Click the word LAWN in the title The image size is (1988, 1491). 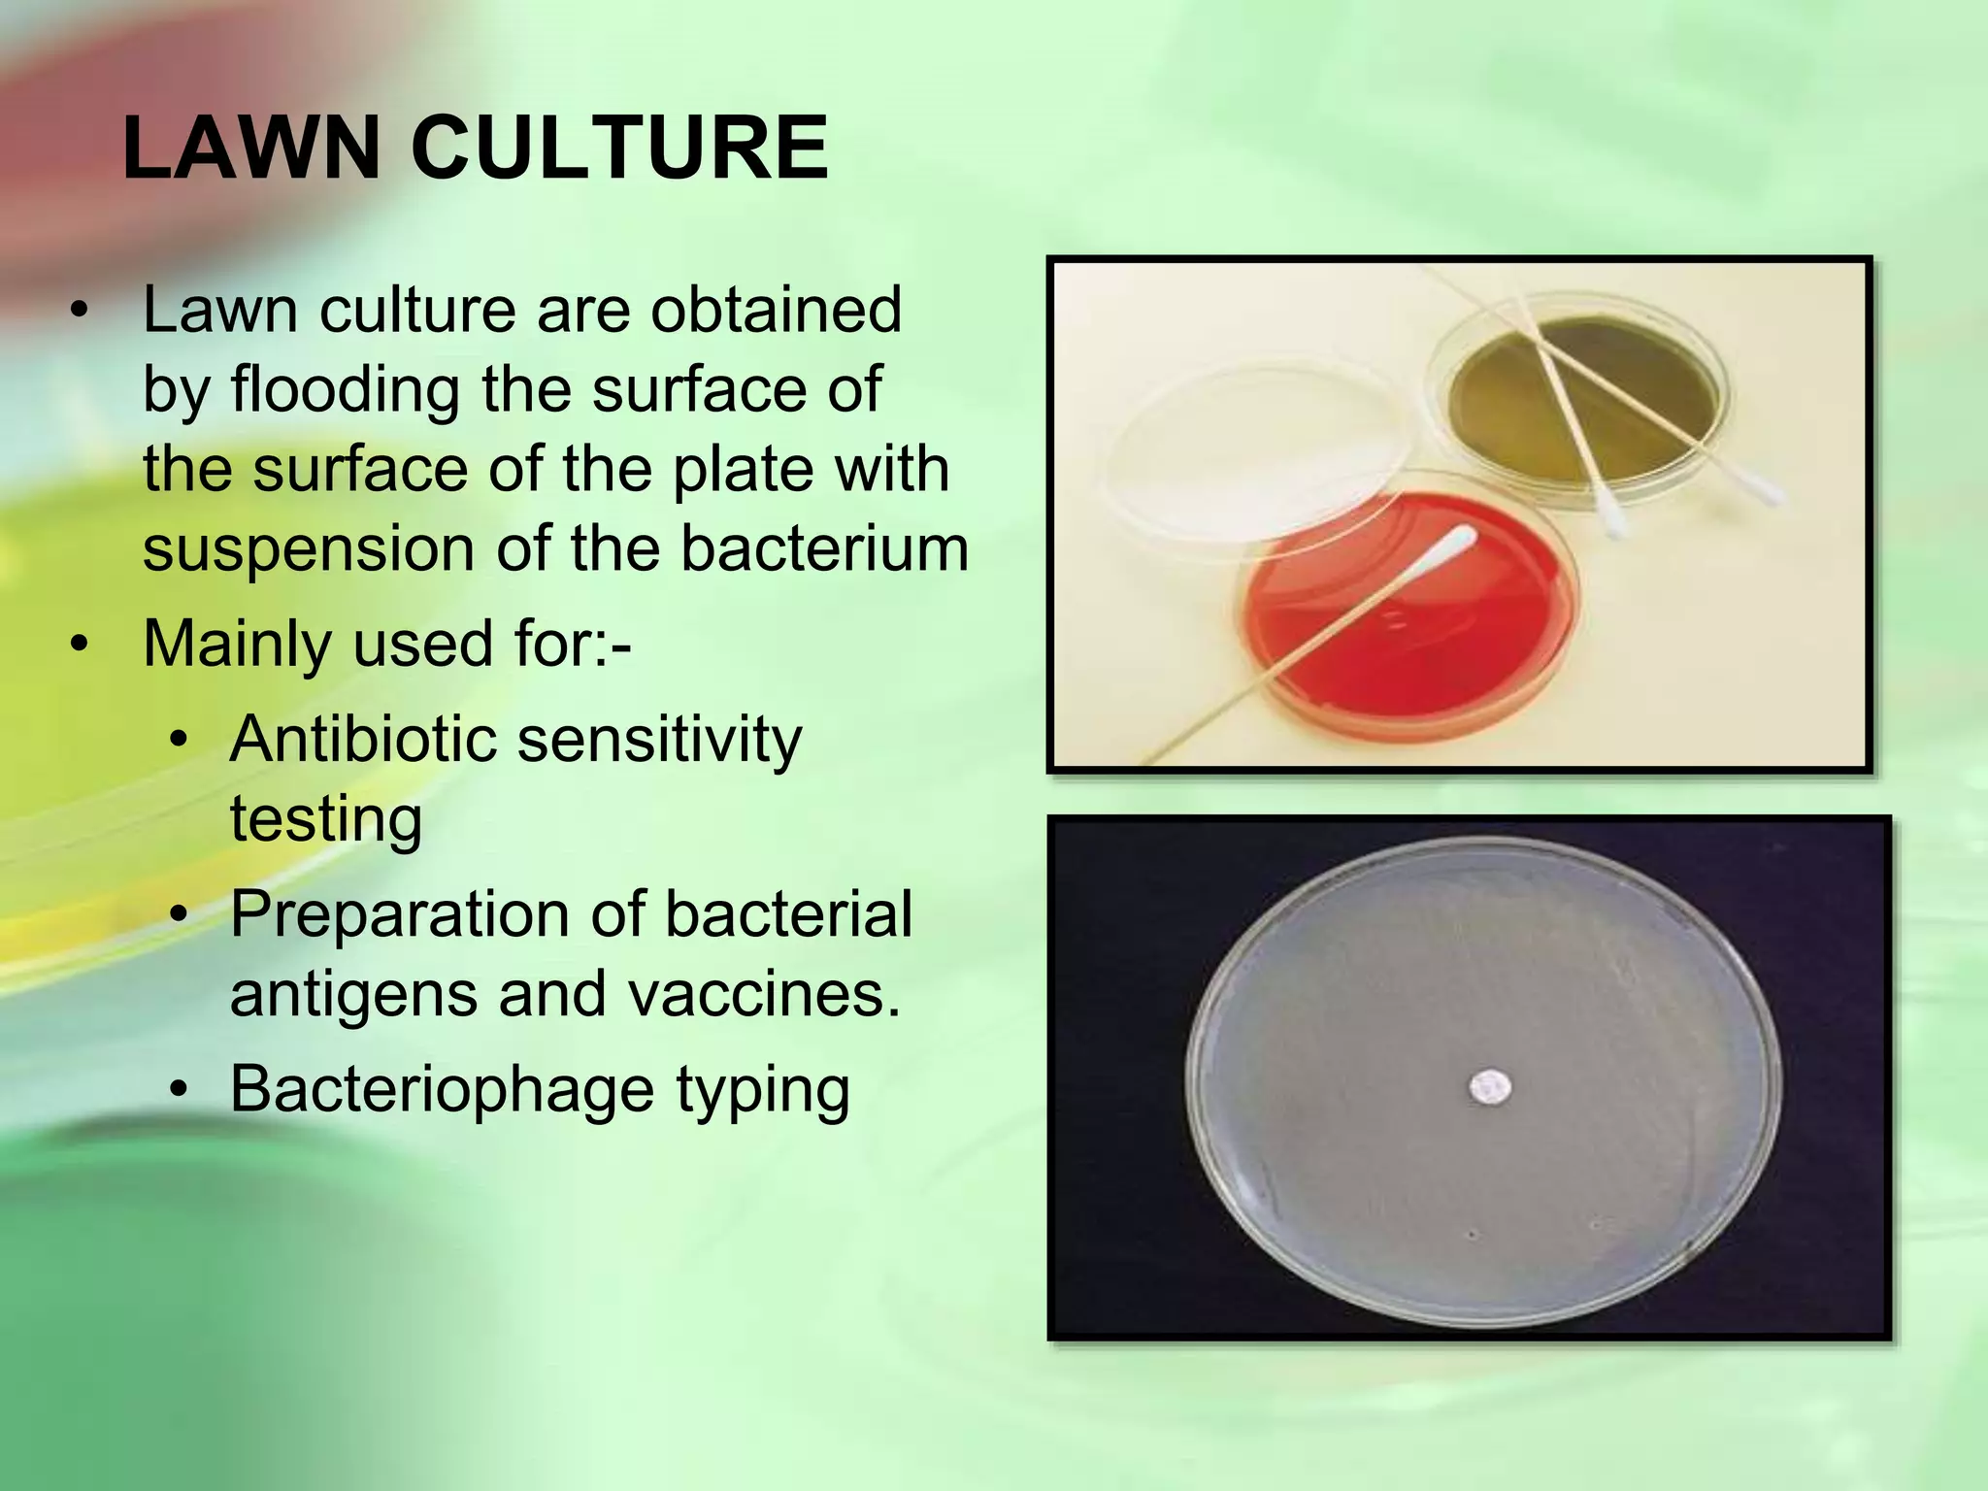coord(251,149)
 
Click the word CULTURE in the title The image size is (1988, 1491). coord(619,149)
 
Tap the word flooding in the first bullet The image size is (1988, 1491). coord(345,390)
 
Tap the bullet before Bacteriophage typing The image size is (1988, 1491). coord(178,1090)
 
